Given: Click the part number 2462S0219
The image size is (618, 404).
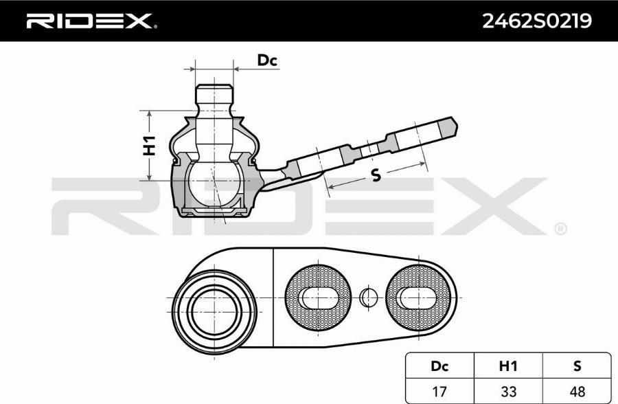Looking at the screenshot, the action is click(537, 21).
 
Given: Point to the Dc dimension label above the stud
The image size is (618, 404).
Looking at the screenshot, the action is click(267, 60).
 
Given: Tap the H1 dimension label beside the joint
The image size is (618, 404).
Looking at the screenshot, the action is click(149, 145).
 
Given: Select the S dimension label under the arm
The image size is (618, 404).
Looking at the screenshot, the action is click(376, 175).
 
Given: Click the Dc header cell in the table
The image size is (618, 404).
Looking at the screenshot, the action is click(439, 366).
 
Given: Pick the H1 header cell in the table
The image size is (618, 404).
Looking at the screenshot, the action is click(508, 366).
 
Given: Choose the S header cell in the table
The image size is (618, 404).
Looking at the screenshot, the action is click(577, 366).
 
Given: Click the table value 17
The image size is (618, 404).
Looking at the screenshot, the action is click(439, 392).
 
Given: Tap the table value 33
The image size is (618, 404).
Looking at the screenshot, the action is click(508, 392).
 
